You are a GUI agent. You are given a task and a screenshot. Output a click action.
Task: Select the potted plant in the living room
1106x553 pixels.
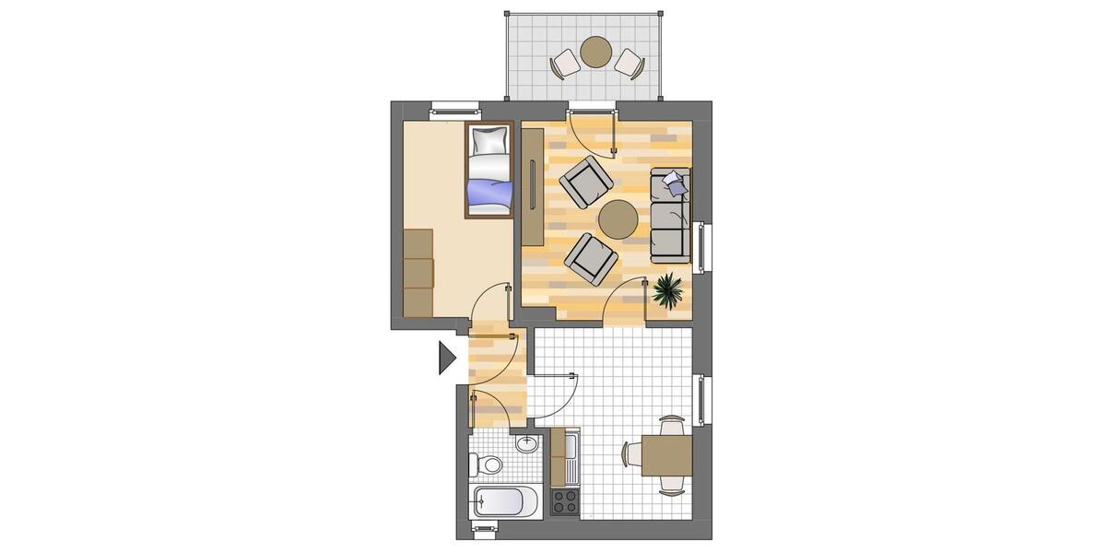667,291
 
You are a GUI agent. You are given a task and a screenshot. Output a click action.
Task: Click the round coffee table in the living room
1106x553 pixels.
617,218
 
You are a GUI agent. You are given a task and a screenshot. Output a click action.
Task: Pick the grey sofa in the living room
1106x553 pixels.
670,213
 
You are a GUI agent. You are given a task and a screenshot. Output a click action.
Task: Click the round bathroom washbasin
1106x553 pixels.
526,444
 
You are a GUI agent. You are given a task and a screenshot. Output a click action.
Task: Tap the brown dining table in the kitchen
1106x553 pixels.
666,453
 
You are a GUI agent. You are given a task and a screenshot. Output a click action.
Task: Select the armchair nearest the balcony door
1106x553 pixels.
585,182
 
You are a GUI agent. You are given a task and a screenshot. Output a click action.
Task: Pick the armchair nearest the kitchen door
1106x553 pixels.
591,257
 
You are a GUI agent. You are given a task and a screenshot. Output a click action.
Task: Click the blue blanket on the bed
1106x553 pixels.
489,193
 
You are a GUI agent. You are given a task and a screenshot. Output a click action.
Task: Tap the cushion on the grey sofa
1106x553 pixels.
675,182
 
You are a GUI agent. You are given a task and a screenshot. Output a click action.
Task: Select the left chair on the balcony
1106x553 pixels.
565,65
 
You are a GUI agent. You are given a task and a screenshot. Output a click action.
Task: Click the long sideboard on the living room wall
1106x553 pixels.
534,188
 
